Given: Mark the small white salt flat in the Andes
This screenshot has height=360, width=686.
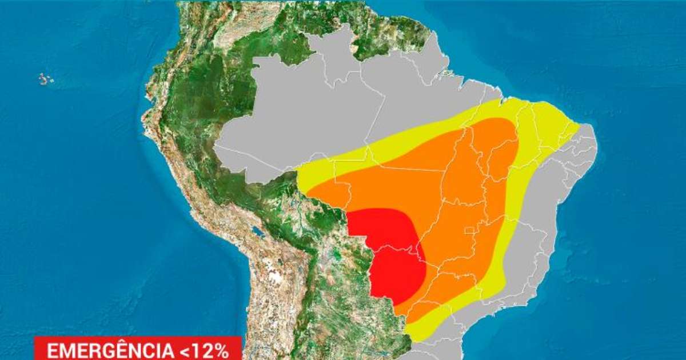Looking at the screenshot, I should pyautogui.click(x=276, y=278).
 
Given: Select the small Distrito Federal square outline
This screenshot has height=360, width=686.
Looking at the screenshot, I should pyautogui.click(x=470, y=231).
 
